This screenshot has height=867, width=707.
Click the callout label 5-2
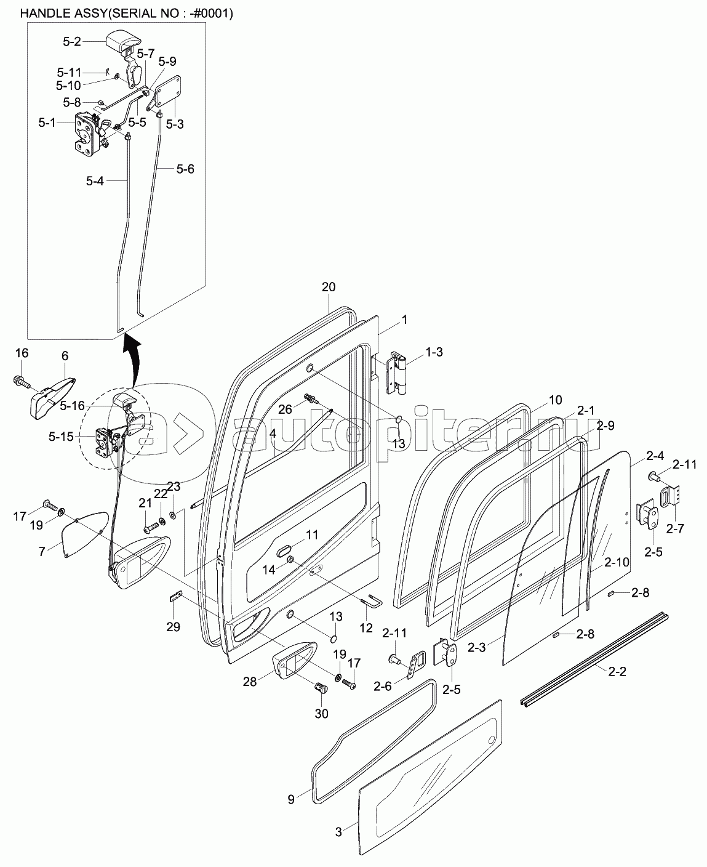tap(72, 42)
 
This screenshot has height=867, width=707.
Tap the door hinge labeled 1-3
tap(397, 373)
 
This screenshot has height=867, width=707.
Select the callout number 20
tap(329, 287)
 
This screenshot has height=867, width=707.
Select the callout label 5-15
tap(61, 437)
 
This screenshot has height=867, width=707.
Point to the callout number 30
tap(321, 714)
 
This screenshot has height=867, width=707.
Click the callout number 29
tap(174, 627)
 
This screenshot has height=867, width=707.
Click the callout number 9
tap(291, 800)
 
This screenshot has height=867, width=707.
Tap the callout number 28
tap(249, 682)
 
